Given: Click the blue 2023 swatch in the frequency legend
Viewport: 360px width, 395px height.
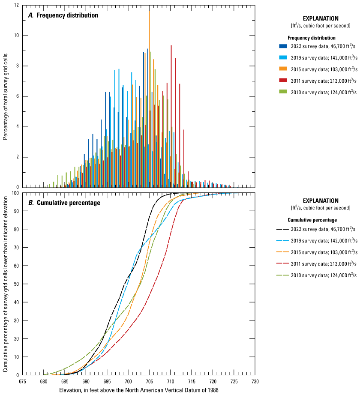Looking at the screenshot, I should click(x=283, y=46).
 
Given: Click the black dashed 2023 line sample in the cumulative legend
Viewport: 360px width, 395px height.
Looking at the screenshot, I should click(x=283, y=229).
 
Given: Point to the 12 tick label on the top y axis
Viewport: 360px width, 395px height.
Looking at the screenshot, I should click(x=16, y=5).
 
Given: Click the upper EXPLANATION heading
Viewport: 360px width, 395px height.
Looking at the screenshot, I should click(x=321, y=19).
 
